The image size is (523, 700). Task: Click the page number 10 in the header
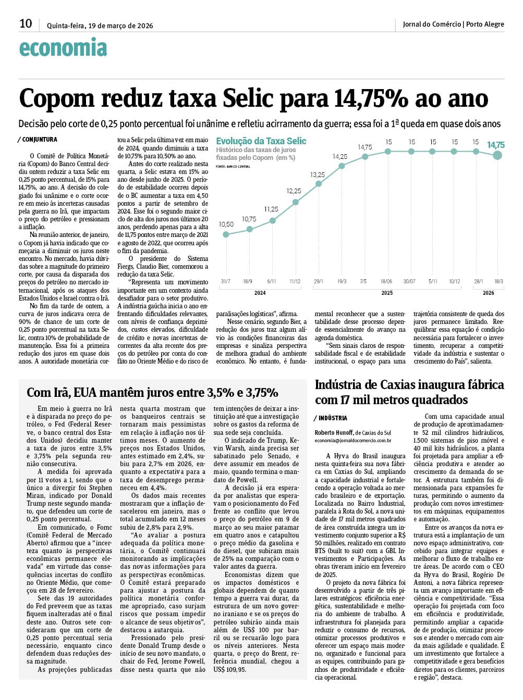tap(26, 23)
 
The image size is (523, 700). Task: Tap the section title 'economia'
tap(63, 48)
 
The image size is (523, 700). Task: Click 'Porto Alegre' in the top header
tap(485, 24)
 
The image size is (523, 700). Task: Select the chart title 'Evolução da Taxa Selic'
tap(261, 141)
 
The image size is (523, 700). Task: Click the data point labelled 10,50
tap(226, 234)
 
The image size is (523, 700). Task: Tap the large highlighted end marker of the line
tap(497, 155)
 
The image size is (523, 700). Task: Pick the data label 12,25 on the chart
tap(294, 191)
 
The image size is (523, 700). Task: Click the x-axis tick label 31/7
tap(225, 281)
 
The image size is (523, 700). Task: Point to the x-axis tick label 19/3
tap(342, 281)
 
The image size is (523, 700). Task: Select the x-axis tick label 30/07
tap(409, 281)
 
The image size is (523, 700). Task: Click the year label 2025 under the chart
tap(387, 293)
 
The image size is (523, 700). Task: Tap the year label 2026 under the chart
tap(488, 293)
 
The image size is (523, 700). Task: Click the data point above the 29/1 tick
tap(319, 183)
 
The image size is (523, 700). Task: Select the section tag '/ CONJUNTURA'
tap(38, 140)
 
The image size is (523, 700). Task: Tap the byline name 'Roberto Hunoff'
tap(334, 433)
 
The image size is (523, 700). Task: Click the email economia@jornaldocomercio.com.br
tap(353, 441)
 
